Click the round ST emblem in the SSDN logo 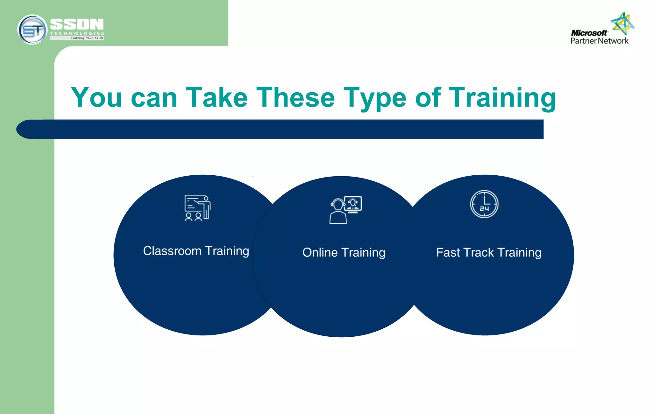pos(32,30)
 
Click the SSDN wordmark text pos(77,24)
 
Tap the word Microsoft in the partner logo pos(589,33)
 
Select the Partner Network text pos(599,41)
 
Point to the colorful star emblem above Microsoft pos(622,23)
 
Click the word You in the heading pos(96,97)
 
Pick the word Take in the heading pos(217,97)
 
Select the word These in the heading pos(295,97)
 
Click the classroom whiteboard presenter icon pos(197,208)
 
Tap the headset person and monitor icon pos(346,210)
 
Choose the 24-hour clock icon pos(484,204)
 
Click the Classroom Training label pos(196,251)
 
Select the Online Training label pos(344,253)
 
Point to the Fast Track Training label pos(489,253)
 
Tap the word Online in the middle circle pos(320,253)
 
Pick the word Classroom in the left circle pos(172,251)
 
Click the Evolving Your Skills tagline pos(87,38)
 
